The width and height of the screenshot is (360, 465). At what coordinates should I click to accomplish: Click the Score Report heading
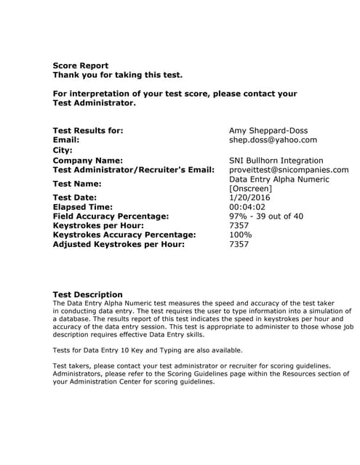[81, 65]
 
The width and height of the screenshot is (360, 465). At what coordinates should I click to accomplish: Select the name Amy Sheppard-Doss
[268, 131]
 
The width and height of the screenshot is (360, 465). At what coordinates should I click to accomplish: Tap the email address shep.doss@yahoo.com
[273, 139]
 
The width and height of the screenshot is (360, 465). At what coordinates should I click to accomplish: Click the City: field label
[63, 150]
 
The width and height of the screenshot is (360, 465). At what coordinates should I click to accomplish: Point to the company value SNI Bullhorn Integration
[276, 161]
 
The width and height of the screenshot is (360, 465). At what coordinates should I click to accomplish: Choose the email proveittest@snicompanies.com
[289, 170]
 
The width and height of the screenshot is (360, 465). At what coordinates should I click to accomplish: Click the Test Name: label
[77, 184]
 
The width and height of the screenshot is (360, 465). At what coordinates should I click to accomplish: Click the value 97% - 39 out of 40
[266, 217]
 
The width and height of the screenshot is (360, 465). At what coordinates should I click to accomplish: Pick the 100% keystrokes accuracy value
[241, 235]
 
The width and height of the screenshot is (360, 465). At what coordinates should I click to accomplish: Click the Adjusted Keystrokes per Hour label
[119, 244]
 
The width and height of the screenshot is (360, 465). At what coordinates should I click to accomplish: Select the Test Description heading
[88, 294]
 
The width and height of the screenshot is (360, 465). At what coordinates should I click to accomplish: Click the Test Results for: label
[88, 131]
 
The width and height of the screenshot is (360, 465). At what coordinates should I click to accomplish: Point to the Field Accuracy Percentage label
[111, 217]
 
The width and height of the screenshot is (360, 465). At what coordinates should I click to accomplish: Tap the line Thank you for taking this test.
[118, 75]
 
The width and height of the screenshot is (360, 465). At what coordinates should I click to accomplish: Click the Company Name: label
[88, 161]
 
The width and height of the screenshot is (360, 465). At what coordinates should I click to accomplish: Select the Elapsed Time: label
[82, 207]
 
